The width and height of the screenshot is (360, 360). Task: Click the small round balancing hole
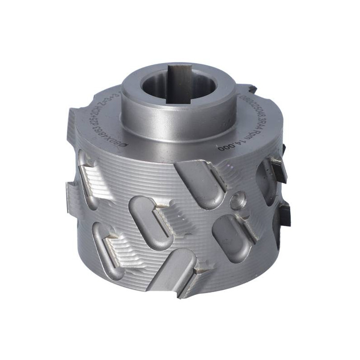(237, 201)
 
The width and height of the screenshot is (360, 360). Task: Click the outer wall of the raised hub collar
(180, 112)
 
